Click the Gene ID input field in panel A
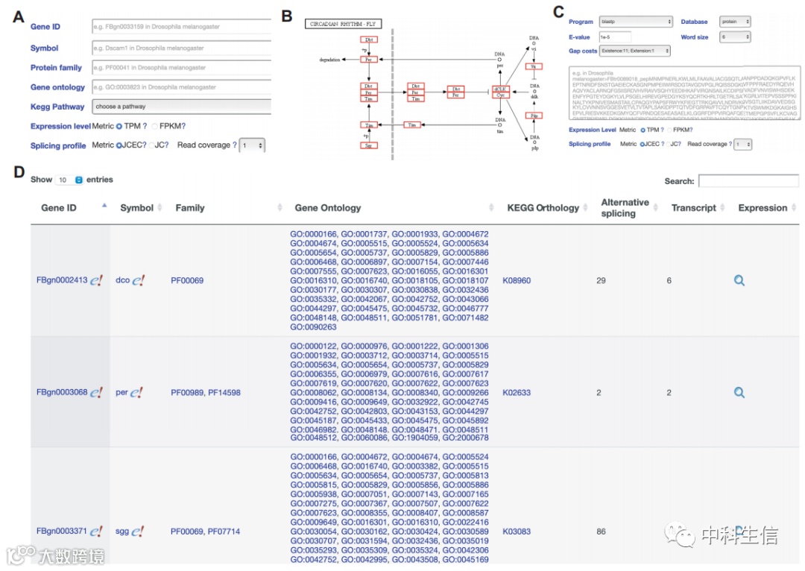(x=181, y=27)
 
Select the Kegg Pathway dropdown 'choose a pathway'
(x=181, y=107)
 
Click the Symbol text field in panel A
(x=181, y=48)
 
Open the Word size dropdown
(x=735, y=37)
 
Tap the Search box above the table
(x=748, y=181)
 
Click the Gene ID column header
(x=59, y=208)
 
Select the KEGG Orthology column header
(x=543, y=208)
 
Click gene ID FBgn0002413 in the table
(x=62, y=280)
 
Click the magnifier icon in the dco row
(x=739, y=280)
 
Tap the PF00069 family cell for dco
(x=187, y=280)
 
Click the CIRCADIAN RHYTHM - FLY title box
(x=344, y=24)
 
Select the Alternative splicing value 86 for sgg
(x=601, y=531)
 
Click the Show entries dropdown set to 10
(x=69, y=180)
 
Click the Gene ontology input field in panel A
(x=181, y=87)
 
